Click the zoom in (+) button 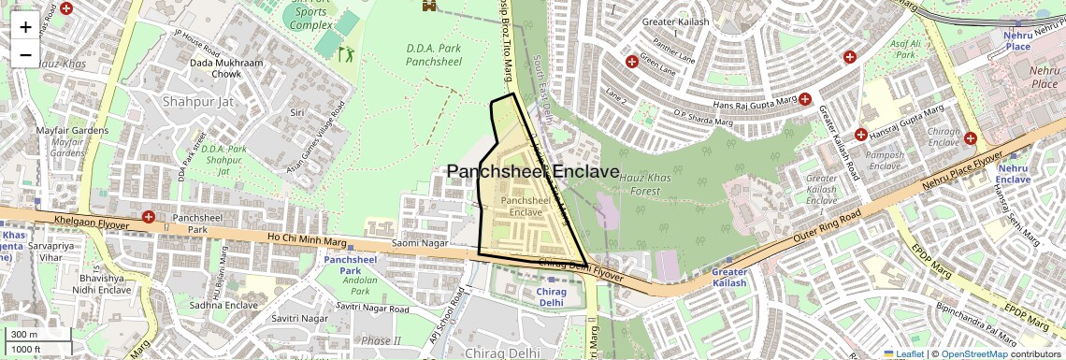25,27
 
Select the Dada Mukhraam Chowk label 215,68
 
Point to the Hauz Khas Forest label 646,183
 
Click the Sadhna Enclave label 223,305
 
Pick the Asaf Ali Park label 905,49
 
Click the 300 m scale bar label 25,334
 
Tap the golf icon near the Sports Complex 345,54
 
